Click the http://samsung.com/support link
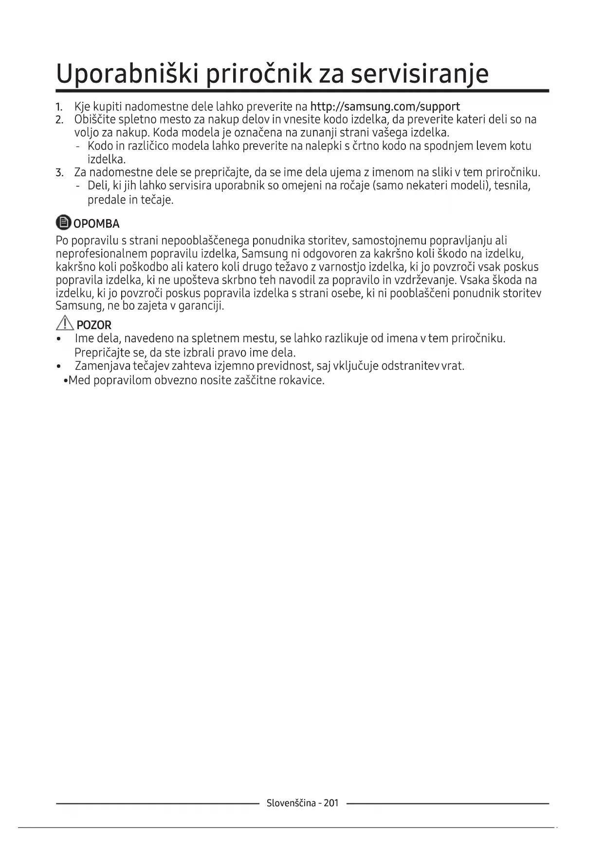point(384,107)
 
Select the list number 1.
point(59,107)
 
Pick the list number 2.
point(59,120)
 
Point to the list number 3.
point(59,172)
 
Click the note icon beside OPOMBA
point(63,223)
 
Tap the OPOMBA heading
point(96,224)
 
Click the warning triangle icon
point(65,323)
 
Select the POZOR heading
point(94,325)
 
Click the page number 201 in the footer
point(331,803)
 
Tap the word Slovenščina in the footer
point(291,803)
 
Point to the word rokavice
point(301,380)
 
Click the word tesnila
point(512,186)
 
